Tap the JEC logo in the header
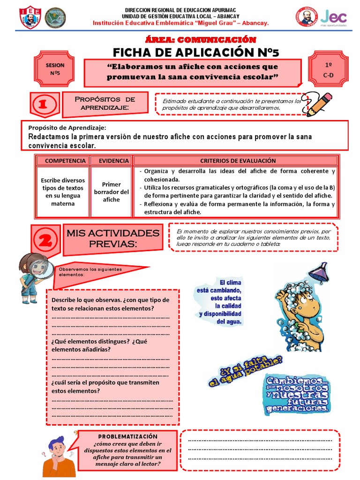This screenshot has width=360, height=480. (x=333, y=18)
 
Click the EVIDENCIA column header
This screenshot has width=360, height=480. (x=111, y=161)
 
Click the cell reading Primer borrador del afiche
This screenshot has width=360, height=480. (x=111, y=192)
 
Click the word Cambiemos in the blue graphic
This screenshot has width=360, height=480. (x=293, y=380)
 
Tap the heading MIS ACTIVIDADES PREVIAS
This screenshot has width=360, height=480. (x=112, y=238)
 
